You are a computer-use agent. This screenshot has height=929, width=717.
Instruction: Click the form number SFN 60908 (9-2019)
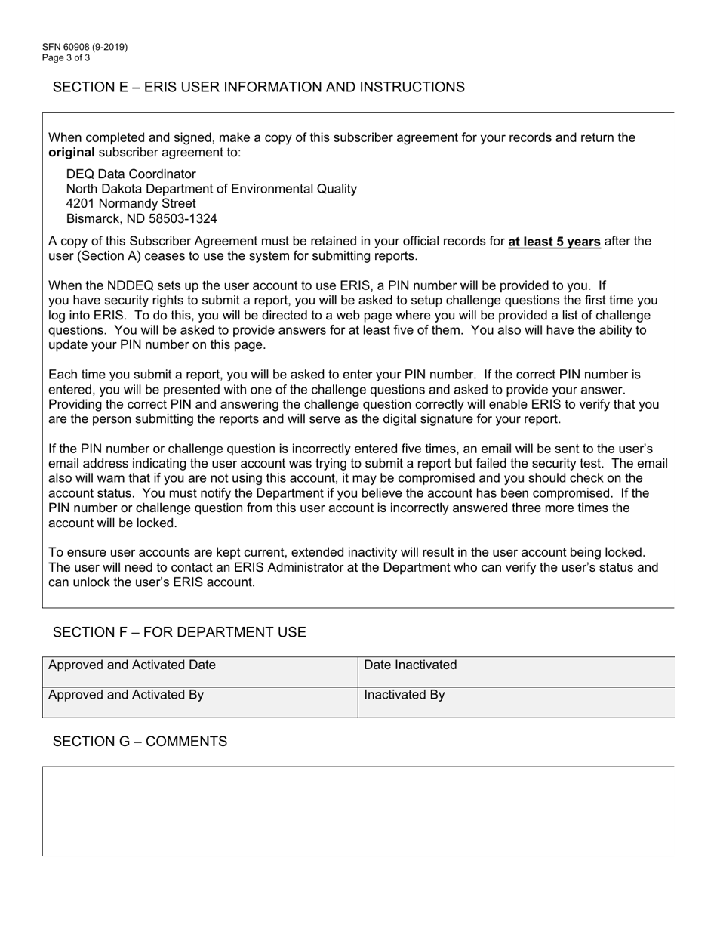(85, 47)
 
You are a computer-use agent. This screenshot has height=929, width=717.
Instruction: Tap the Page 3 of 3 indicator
(66, 57)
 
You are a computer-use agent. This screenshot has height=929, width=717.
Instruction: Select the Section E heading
(258, 87)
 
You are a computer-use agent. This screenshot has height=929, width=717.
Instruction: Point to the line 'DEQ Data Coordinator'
(131, 174)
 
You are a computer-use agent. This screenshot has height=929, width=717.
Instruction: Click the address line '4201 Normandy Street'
(131, 203)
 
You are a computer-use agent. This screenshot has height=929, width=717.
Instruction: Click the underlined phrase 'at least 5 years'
(554, 242)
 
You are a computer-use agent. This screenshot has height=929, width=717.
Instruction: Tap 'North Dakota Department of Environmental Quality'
(211, 189)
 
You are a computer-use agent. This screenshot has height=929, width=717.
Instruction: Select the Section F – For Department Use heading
(179, 632)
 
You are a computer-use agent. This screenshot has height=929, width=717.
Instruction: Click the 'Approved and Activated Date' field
(199, 671)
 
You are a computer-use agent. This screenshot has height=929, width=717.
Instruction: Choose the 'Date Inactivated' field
(516, 671)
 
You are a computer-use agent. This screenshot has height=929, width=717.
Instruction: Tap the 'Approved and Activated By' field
(199, 702)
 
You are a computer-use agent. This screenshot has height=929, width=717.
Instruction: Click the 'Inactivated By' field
(516, 702)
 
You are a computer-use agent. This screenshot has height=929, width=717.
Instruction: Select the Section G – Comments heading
(140, 742)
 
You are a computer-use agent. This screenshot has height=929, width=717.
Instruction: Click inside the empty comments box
(358, 811)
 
